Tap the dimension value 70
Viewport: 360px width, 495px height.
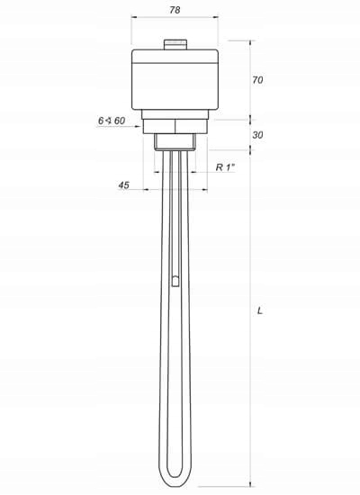tap(257, 80)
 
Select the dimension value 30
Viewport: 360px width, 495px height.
tap(257, 135)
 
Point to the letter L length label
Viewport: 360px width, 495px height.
tap(259, 310)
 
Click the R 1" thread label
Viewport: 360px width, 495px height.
tap(225, 167)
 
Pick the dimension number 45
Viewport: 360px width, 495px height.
tap(123, 184)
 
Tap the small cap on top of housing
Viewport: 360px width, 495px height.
tap(175, 42)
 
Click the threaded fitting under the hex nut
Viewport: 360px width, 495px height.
tap(175, 141)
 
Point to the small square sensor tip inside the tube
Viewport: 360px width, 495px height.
tap(175, 281)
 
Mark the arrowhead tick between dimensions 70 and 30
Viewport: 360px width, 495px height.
tap(251, 119)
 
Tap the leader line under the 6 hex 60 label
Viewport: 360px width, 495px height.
tap(121, 127)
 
